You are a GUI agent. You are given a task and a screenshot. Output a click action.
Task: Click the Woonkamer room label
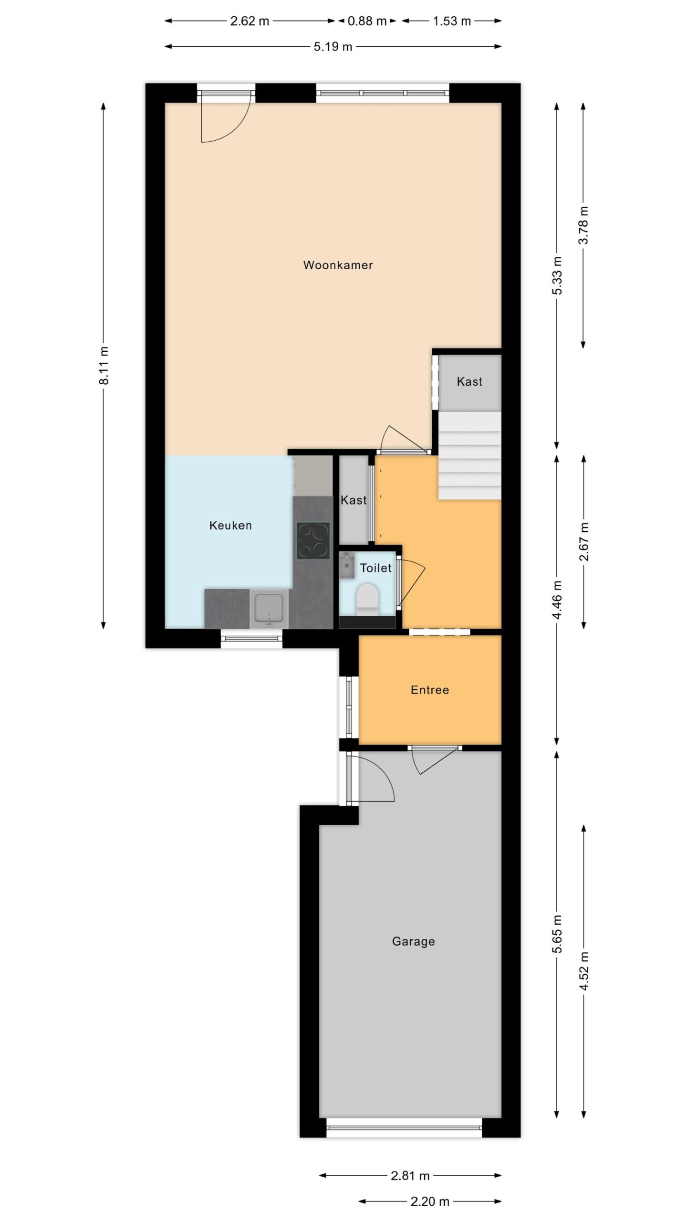[x=338, y=265]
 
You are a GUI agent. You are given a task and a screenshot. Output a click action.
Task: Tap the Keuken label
[x=230, y=526]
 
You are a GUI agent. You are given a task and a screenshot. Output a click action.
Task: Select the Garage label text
[x=413, y=941]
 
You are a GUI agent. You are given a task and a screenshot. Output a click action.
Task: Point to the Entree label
[x=430, y=690]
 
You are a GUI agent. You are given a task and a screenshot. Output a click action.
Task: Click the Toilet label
[x=376, y=568]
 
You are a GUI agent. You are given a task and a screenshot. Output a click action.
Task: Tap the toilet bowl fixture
[x=367, y=598]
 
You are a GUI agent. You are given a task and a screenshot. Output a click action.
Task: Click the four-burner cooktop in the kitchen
[x=313, y=540]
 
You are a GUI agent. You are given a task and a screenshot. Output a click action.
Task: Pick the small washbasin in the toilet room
[x=347, y=566]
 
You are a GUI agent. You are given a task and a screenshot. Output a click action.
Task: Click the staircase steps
[x=470, y=456]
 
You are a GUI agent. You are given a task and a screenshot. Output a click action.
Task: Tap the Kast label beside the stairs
[x=469, y=381]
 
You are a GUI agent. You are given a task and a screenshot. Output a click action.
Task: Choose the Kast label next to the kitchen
[x=354, y=500]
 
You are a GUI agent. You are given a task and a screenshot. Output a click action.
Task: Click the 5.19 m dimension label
[x=333, y=47]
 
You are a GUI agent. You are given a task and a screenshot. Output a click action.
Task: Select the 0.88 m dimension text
[x=367, y=21]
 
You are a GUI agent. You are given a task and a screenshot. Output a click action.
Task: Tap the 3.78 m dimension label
[x=583, y=225]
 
